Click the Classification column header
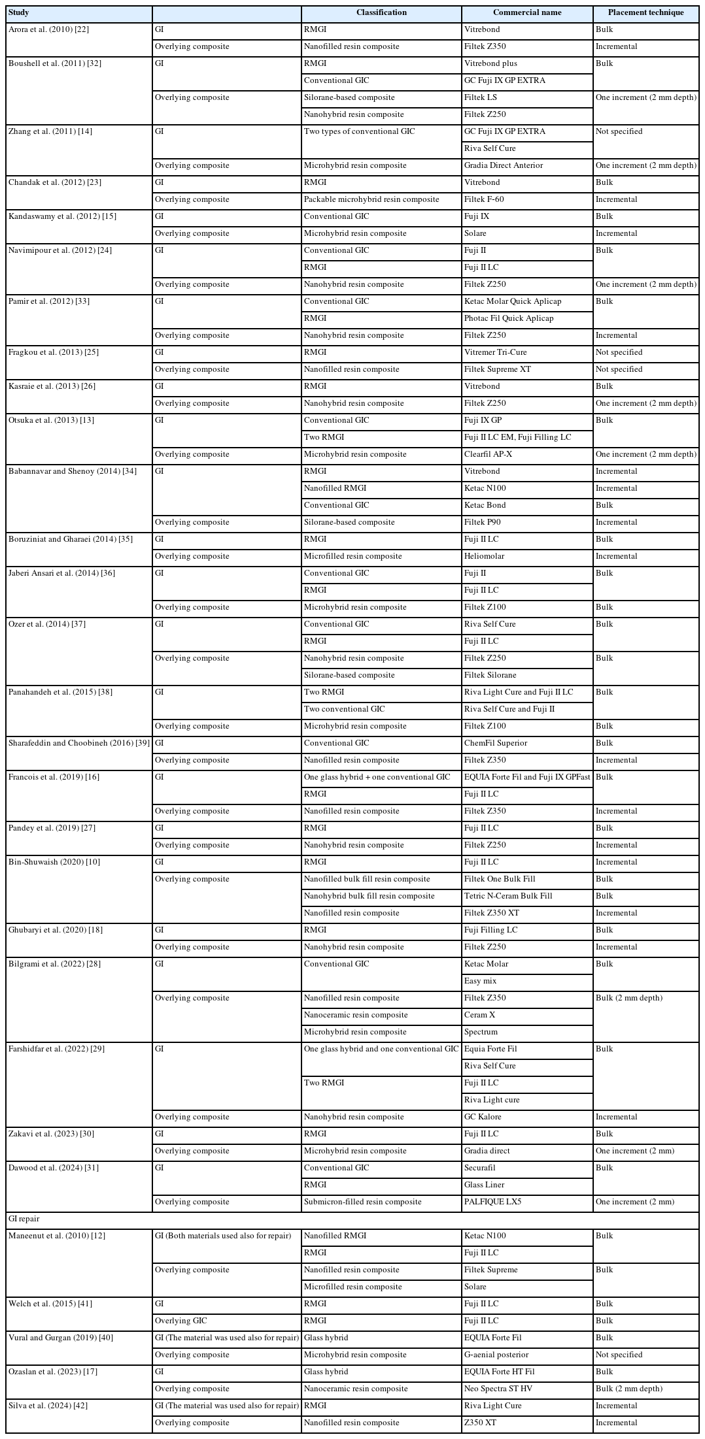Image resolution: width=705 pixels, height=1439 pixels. [x=381, y=12]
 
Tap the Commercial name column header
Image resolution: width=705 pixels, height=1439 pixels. [x=527, y=12]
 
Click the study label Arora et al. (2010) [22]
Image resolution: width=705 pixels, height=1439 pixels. [x=49, y=29]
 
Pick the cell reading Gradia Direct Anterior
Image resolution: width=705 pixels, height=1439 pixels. [x=504, y=165]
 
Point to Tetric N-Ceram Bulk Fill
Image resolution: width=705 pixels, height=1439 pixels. [x=508, y=896]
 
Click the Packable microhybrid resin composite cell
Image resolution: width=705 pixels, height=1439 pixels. [x=371, y=199]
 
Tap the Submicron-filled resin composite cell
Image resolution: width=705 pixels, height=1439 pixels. [x=362, y=1202]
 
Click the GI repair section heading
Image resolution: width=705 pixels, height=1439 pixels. [x=24, y=1219]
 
